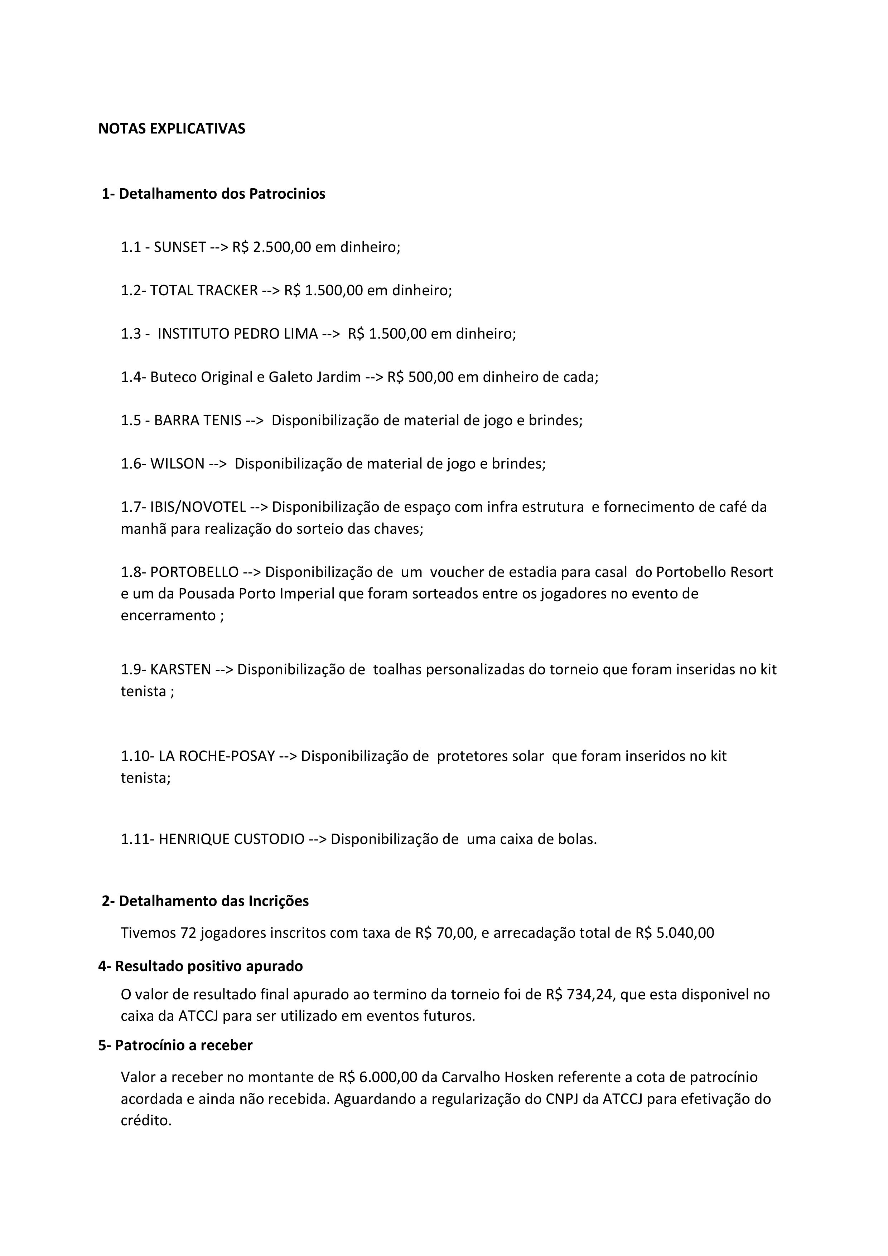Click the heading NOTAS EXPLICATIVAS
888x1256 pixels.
pyautogui.click(x=172, y=129)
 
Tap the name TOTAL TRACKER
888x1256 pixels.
pyautogui.click(x=203, y=291)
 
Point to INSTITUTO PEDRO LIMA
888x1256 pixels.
pyautogui.click(x=237, y=334)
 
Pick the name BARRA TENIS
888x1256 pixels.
pyautogui.click(x=198, y=420)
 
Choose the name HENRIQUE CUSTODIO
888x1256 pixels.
pyautogui.click(x=231, y=839)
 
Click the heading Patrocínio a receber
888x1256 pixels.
pyautogui.click(x=183, y=1046)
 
